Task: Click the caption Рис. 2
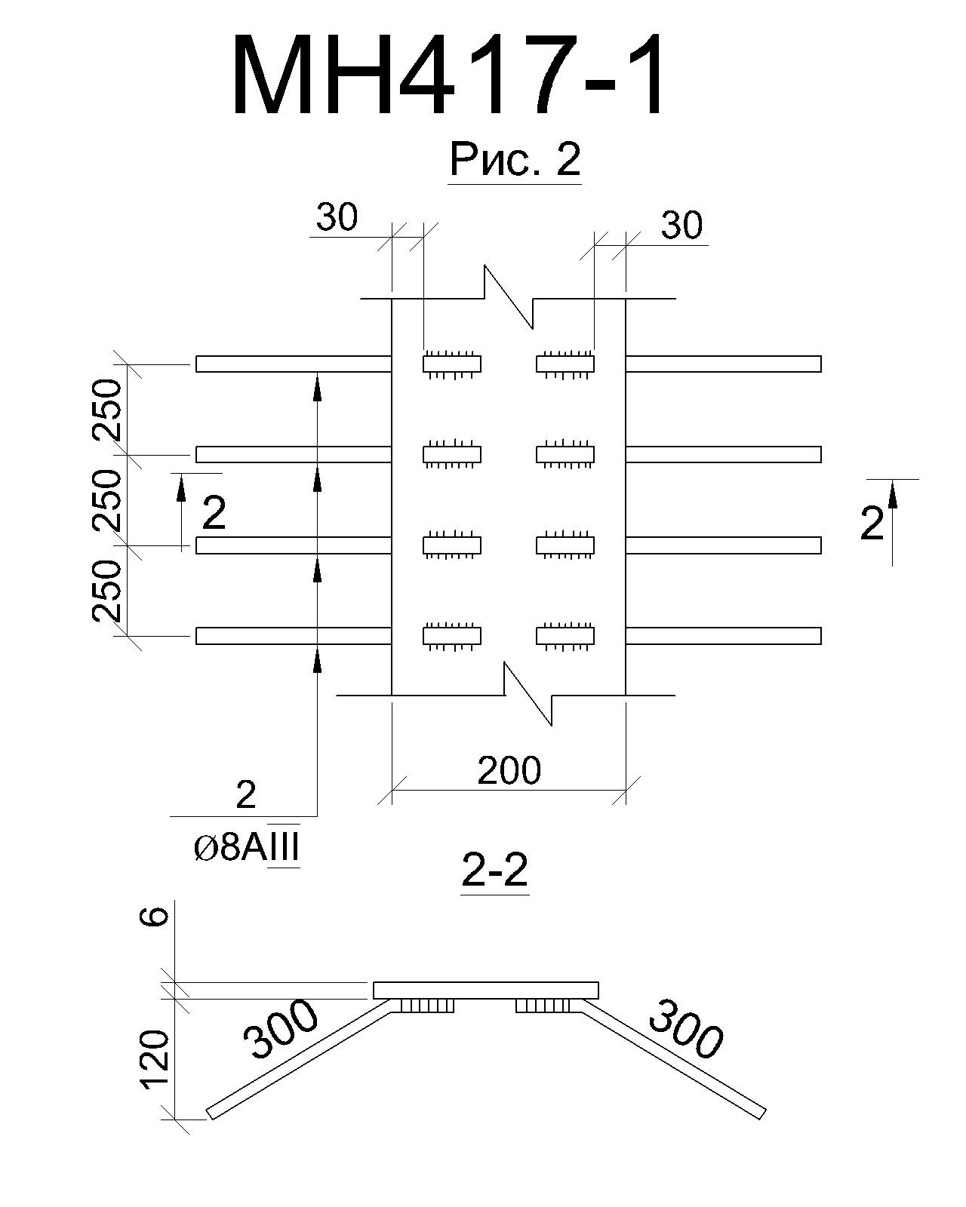(515, 159)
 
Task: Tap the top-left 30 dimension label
(337, 217)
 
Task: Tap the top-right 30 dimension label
(681, 226)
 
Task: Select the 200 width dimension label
(509, 770)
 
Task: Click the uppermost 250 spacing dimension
(106, 410)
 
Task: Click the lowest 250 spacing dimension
(106, 591)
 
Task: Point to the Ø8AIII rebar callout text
(246, 849)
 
